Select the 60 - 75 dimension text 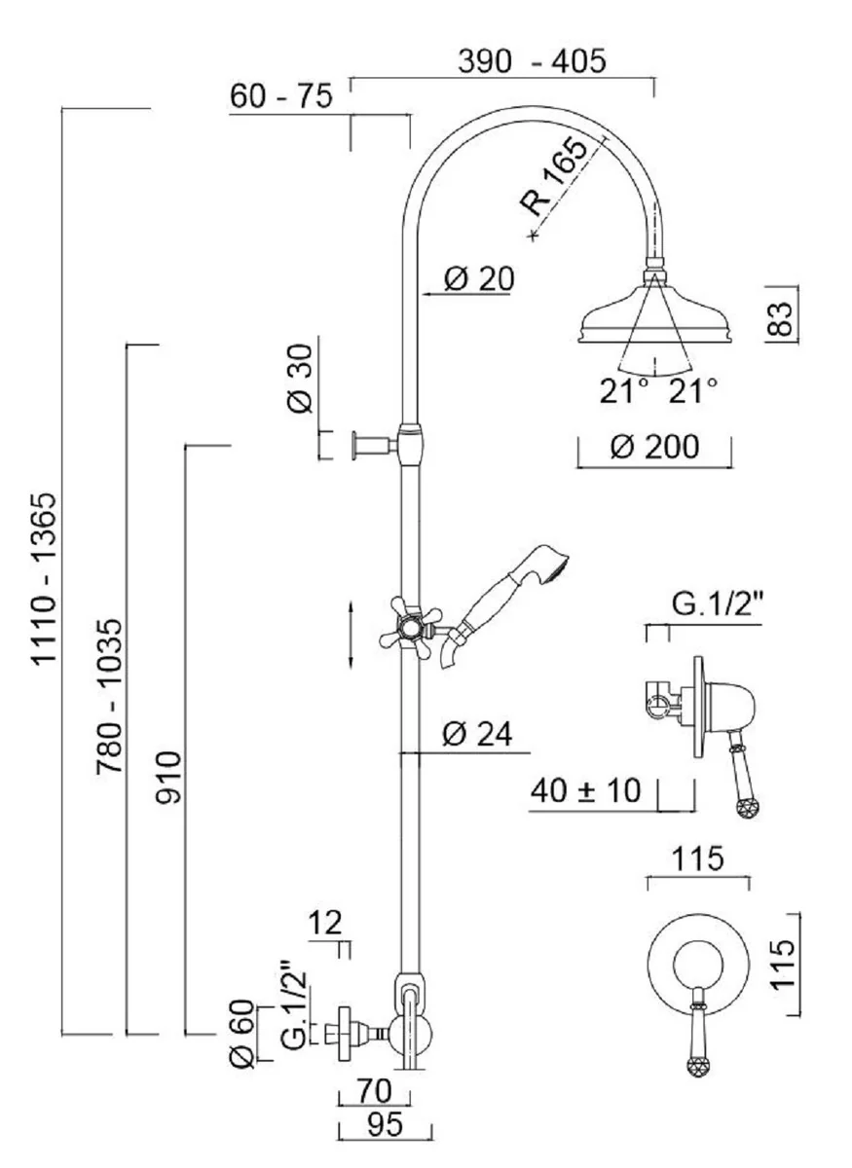280,97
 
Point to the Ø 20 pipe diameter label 478,278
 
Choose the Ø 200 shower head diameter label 654,447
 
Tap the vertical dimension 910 169,777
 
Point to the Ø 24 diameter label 476,735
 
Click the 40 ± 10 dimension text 585,790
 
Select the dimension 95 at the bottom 384,1126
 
